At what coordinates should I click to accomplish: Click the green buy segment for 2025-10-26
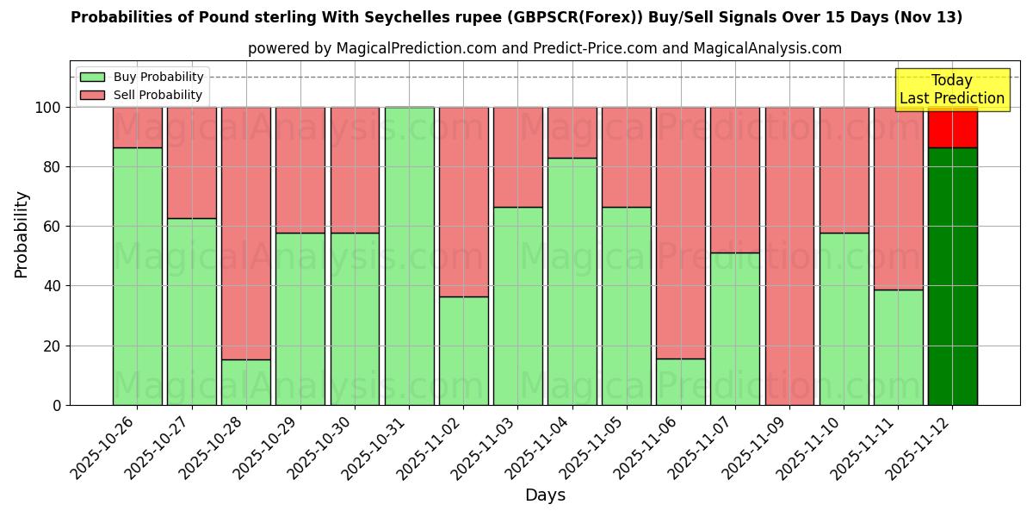point(137,276)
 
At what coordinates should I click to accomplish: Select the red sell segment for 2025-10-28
point(245,233)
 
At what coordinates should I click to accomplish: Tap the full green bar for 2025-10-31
point(409,256)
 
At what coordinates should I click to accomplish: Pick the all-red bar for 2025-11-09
point(789,256)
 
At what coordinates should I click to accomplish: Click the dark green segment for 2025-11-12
point(952,276)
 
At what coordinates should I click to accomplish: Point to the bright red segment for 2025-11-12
point(952,127)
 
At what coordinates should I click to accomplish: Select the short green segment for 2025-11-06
point(680,382)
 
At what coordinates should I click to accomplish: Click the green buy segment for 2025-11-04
point(572,281)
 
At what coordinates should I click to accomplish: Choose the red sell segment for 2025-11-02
point(463,202)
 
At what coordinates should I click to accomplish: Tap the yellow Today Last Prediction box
point(951,90)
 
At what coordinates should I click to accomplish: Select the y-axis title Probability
point(22,234)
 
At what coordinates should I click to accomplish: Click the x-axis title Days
point(545,495)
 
